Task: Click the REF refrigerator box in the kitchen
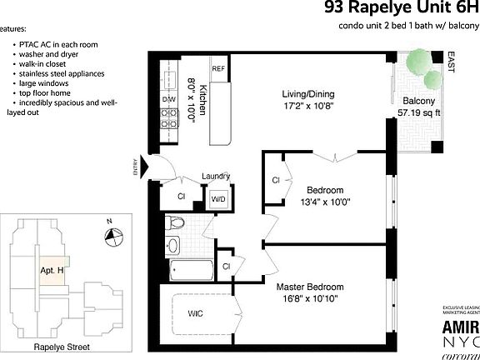pos(219,69)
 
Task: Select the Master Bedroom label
pos(309,287)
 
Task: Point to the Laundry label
pos(216,177)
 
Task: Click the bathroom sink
pos(172,246)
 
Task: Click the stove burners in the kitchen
pos(167,122)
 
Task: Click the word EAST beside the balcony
pos(451,61)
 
